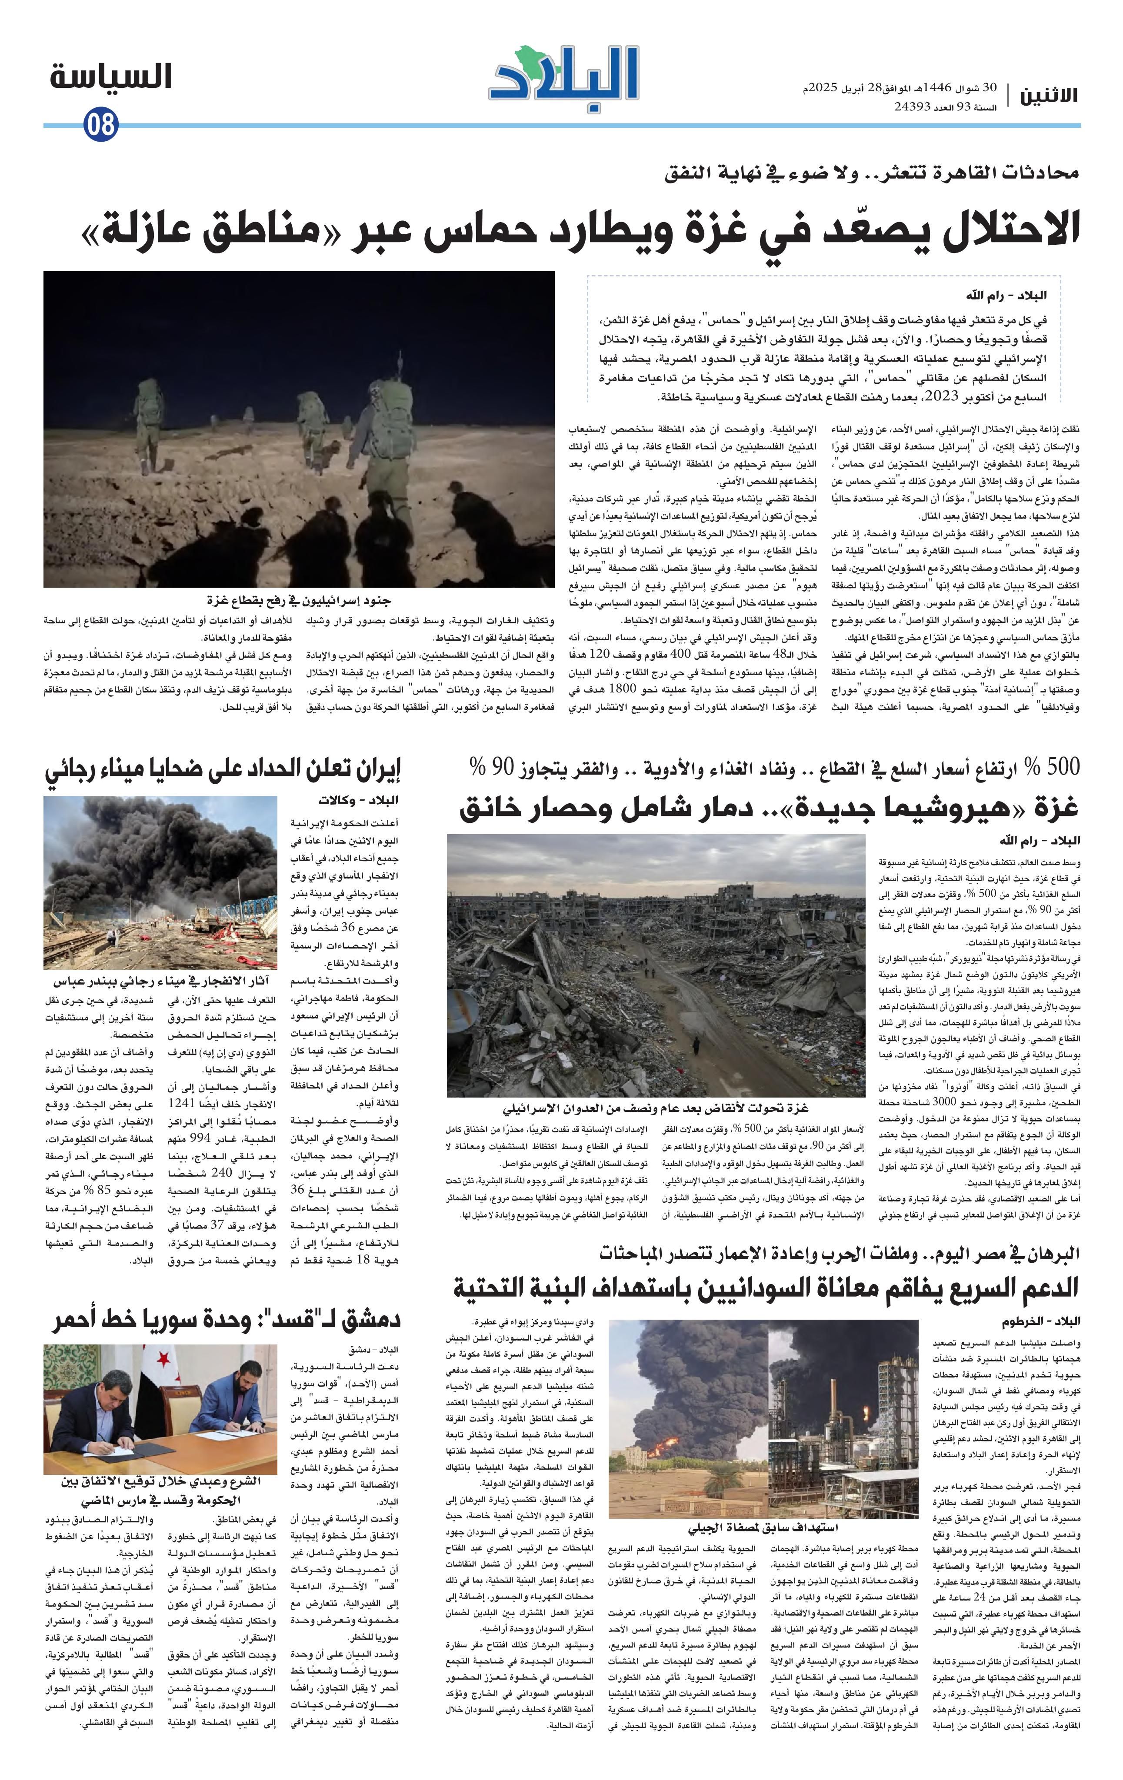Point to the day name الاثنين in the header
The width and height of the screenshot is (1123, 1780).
click(x=1048, y=95)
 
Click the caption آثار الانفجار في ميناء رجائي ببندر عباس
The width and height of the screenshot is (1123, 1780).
click(x=160, y=981)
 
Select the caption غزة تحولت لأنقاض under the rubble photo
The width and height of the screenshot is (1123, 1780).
click(x=655, y=1107)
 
